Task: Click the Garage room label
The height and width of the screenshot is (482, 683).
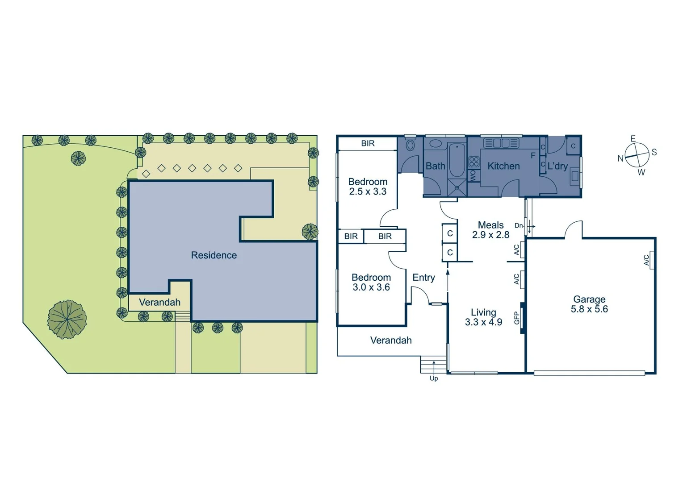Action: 589,299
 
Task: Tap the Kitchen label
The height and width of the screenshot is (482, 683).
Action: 503,166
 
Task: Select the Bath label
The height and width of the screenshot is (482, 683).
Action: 435,166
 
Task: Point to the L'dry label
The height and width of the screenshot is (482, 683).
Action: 557,166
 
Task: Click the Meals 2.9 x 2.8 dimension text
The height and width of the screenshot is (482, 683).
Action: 490,235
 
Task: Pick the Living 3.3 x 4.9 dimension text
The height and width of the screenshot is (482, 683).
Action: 483,322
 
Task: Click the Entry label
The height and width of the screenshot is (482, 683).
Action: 423,278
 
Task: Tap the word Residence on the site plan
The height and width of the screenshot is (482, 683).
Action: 214,255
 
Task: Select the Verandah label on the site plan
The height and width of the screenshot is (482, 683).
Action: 159,302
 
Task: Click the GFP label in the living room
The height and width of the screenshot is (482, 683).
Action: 517,318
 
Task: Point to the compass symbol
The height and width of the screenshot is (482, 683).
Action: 637,155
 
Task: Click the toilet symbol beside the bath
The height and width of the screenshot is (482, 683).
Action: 410,145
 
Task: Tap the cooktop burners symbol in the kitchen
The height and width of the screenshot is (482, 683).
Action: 473,162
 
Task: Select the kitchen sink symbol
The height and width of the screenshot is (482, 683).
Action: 501,143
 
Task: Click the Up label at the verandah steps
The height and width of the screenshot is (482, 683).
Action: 434,378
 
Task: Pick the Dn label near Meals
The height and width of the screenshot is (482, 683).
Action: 519,226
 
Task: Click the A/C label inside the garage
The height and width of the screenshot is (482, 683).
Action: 646,260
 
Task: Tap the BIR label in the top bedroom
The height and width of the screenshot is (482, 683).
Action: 368,143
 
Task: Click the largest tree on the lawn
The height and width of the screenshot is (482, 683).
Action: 67,319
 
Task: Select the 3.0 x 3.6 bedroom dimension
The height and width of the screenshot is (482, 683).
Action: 371,287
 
